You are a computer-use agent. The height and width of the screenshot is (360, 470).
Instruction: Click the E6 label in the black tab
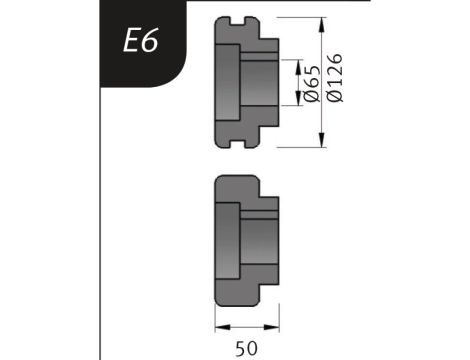(x=140, y=40)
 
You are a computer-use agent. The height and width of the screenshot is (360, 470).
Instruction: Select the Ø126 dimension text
(x=334, y=77)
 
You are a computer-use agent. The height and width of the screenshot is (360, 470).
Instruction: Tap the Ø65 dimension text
(x=312, y=83)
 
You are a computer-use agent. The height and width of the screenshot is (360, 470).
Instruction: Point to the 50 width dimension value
(x=247, y=348)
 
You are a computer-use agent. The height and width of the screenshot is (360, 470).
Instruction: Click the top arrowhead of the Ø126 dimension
(x=321, y=25)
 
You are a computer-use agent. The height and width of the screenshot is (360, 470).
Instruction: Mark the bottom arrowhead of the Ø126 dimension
(x=321, y=140)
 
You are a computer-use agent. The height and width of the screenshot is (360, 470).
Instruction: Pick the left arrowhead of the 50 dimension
(x=223, y=327)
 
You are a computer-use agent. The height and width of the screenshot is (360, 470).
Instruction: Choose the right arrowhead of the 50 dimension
(x=271, y=327)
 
